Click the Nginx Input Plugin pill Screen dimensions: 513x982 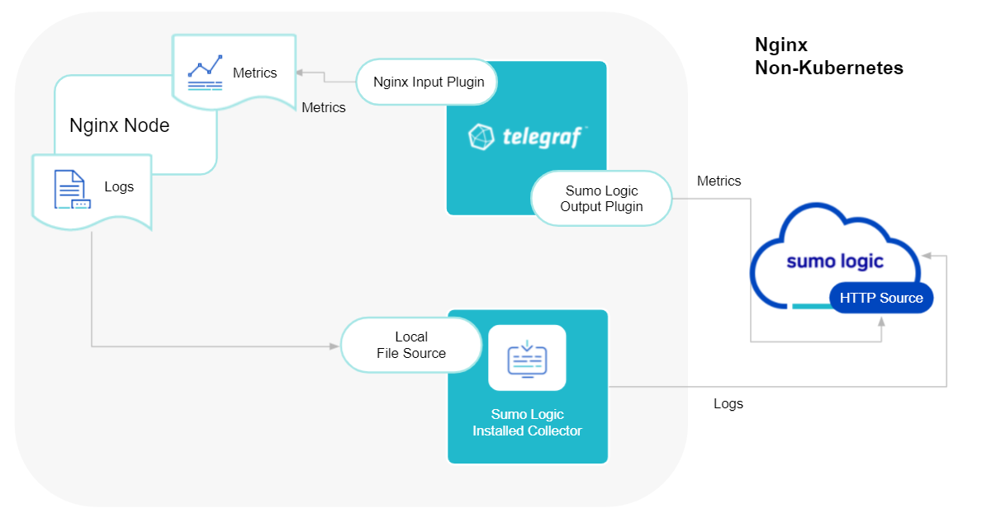pyautogui.click(x=429, y=82)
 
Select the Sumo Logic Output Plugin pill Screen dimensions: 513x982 pyautogui.click(x=601, y=198)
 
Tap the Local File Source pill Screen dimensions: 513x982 pyautogui.click(x=410, y=345)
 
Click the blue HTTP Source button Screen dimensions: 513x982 pyautogui.click(x=880, y=298)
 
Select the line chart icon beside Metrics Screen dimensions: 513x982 pyautogui.click(x=205, y=72)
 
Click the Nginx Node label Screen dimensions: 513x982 pyautogui.click(x=119, y=125)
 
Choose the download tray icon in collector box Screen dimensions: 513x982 pyautogui.click(x=527, y=357)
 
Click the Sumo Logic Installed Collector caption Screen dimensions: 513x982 pyautogui.click(x=527, y=422)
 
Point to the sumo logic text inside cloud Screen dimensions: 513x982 pyautogui.click(x=834, y=261)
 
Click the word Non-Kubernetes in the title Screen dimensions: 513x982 pyautogui.click(x=828, y=68)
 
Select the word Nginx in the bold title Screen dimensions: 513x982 pyautogui.click(x=780, y=45)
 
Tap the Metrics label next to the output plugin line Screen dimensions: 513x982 pyautogui.click(x=719, y=181)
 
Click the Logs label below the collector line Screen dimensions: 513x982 pyautogui.click(x=728, y=403)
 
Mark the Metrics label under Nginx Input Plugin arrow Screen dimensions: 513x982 pyautogui.click(x=323, y=107)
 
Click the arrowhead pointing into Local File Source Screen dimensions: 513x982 pyautogui.click(x=335, y=346)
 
